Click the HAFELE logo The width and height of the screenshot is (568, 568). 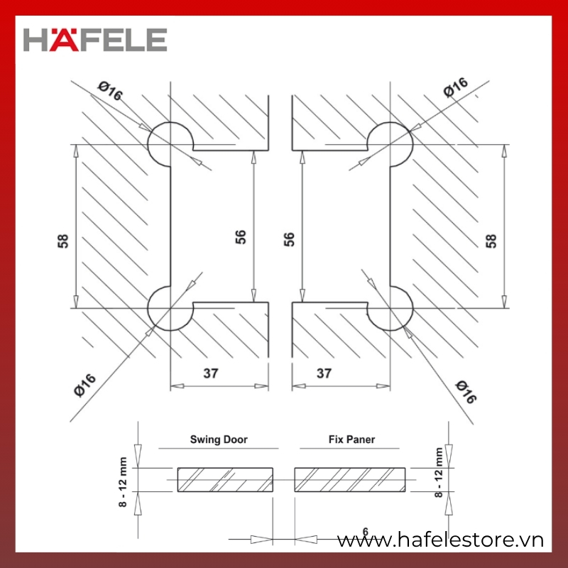click(x=95, y=40)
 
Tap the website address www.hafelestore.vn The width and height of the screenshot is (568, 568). click(x=440, y=540)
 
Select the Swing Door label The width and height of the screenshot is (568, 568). click(x=219, y=439)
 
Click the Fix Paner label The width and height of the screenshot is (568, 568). click(x=351, y=439)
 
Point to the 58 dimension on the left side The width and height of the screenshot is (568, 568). click(x=62, y=241)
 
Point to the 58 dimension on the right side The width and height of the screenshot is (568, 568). click(x=491, y=241)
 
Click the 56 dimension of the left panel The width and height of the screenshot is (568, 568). click(x=241, y=236)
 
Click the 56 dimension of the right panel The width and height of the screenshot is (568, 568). click(x=289, y=239)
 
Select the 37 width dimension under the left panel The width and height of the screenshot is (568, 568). click(x=211, y=373)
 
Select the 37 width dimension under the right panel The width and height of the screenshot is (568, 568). click(x=324, y=373)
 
